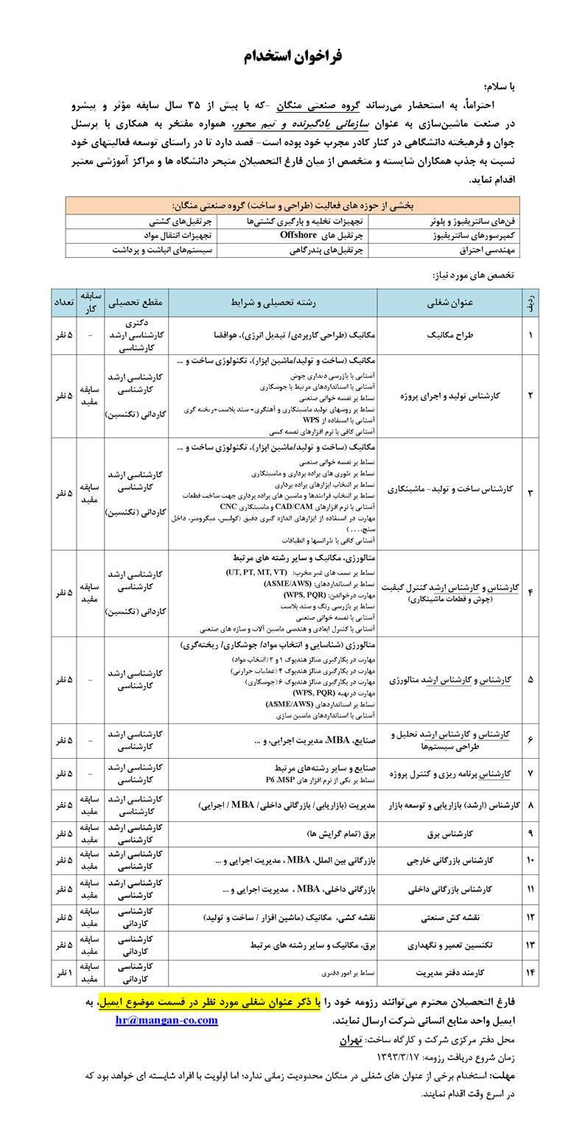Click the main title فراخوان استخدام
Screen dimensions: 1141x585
click(292, 57)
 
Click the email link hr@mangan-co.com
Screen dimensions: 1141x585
click(167, 1020)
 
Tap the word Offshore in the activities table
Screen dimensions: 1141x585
click(298, 235)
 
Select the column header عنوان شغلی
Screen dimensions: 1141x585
click(450, 302)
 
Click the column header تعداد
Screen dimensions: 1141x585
click(65, 302)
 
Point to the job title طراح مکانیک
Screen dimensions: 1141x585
click(450, 335)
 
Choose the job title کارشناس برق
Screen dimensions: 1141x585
click(450, 834)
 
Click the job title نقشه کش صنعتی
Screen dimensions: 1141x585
click(450, 918)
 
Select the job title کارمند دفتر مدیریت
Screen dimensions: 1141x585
click(450, 972)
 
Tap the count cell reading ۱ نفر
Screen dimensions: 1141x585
click(65, 972)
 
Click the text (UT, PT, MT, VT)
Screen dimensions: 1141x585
click(256, 572)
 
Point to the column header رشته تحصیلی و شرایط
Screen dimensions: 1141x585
click(273, 302)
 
